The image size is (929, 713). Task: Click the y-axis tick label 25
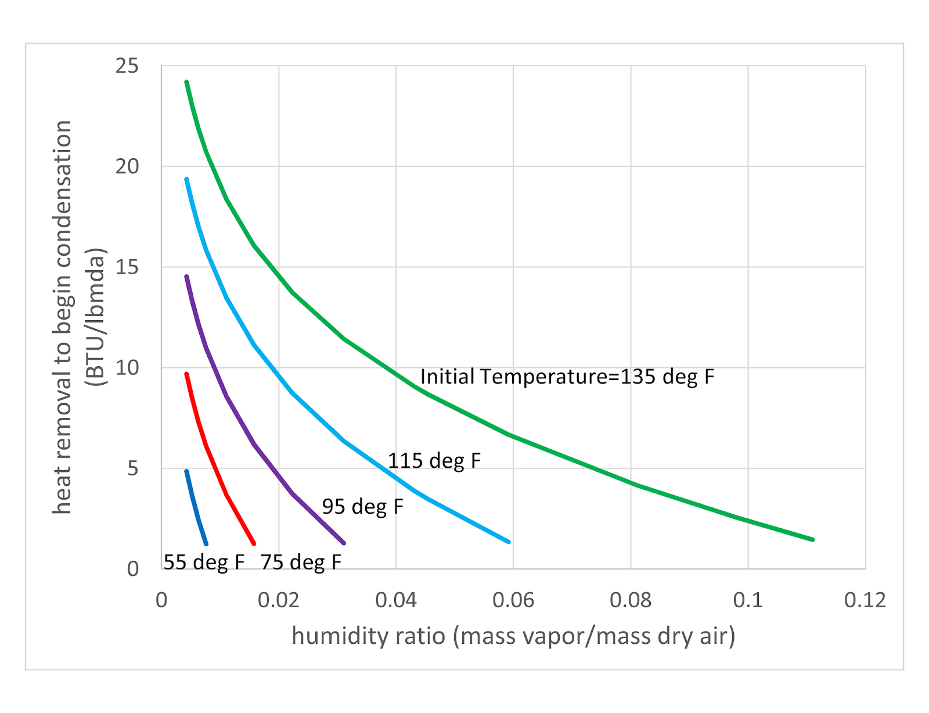[x=127, y=66]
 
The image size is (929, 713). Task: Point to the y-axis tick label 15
[x=127, y=267]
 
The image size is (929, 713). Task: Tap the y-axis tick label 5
[x=133, y=468]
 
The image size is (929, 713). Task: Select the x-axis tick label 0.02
[x=279, y=600]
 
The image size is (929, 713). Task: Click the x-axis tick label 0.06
[x=513, y=600]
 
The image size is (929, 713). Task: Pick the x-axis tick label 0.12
[x=865, y=600]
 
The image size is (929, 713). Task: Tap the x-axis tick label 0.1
[x=748, y=600]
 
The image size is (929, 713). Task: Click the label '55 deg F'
[x=204, y=562]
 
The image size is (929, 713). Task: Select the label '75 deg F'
[x=301, y=562]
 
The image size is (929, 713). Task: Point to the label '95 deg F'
[x=362, y=507]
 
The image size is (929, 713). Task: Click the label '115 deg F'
[x=434, y=461]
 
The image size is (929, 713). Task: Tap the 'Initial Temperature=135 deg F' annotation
[x=567, y=377]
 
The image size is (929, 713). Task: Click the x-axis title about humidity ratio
[x=513, y=636]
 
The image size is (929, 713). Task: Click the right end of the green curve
[x=813, y=540]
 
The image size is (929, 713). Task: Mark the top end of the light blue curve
[x=186, y=179]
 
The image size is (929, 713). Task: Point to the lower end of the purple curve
[x=344, y=543]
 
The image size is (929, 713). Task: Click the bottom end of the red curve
[x=254, y=544]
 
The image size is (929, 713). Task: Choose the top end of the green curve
[x=186, y=82]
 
